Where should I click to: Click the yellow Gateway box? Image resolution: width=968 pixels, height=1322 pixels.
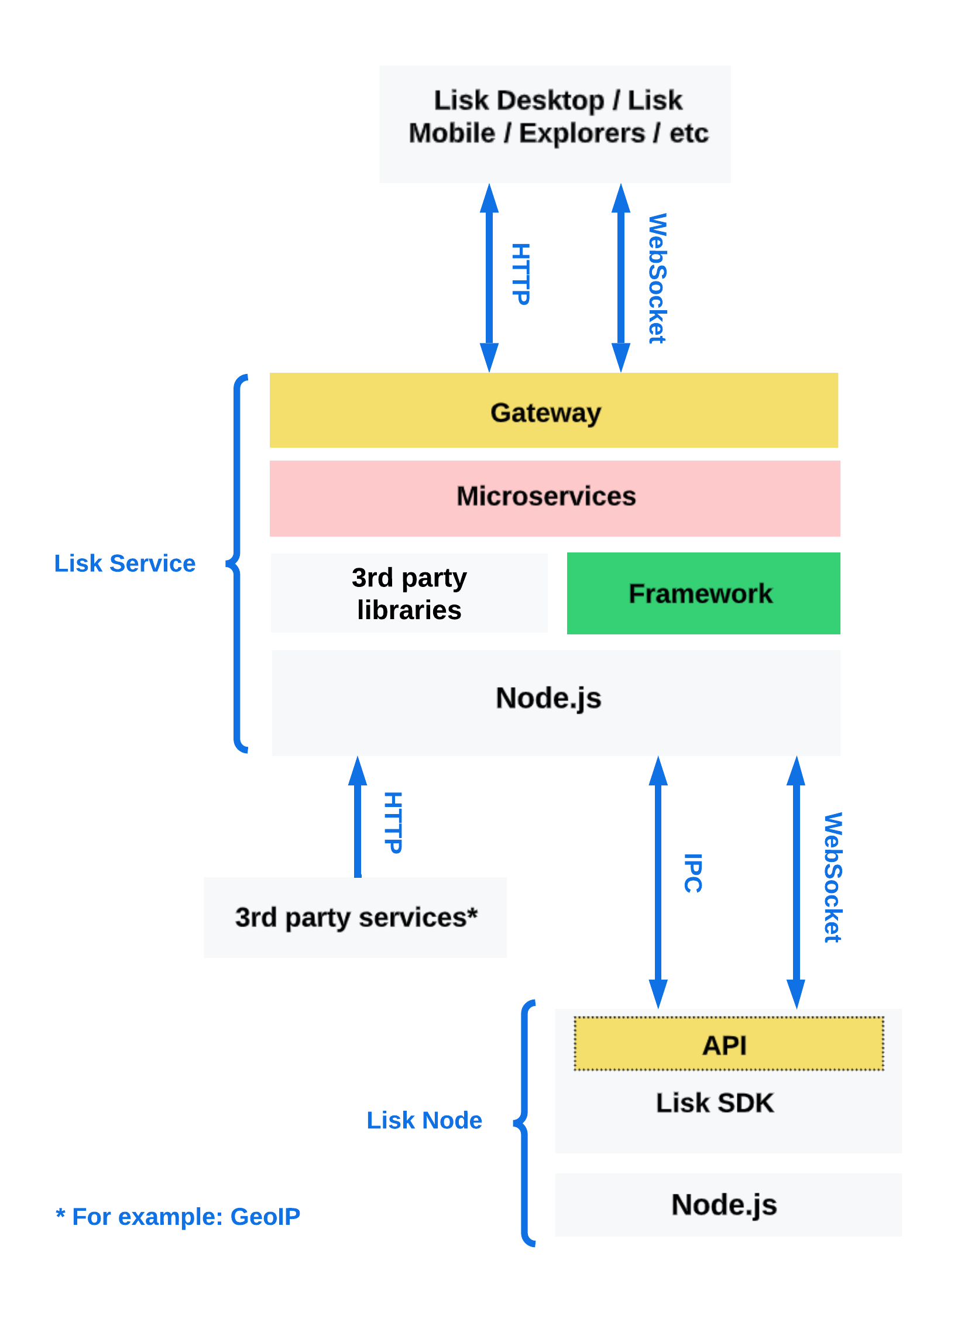point(554,411)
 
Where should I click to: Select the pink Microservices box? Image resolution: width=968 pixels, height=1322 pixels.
point(555,498)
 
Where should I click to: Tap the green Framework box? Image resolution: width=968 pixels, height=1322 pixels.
point(703,593)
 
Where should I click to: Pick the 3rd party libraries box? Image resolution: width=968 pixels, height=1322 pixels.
point(409,593)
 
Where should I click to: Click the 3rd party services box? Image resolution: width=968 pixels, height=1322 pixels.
point(355,917)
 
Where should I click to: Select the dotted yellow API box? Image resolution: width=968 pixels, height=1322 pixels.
point(729,1043)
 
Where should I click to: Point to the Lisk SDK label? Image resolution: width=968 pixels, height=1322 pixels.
point(714,1103)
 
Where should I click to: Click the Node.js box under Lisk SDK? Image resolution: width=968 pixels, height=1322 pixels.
point(728,1205)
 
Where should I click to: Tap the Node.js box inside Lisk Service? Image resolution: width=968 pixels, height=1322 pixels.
point(555,702)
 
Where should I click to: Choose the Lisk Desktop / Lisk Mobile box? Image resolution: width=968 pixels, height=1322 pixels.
point(554,124)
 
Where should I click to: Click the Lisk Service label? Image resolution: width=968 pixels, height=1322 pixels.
point(124,563)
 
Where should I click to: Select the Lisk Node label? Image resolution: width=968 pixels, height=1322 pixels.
point(424,1120)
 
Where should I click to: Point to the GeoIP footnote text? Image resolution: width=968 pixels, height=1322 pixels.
point(177,1217)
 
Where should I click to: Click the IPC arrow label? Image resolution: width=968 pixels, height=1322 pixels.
point(692,873)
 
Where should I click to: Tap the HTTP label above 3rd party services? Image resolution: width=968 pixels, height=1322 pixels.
point(393,823)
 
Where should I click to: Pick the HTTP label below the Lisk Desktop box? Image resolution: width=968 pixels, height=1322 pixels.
point(520,274)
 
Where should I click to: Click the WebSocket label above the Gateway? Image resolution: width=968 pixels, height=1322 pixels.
point(657,278)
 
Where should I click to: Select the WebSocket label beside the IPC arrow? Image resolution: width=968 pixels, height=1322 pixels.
point(832,877)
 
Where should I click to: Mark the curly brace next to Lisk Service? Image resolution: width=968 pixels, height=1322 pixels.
point(236,563)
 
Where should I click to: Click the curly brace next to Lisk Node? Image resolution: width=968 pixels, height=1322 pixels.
point(525,1123)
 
